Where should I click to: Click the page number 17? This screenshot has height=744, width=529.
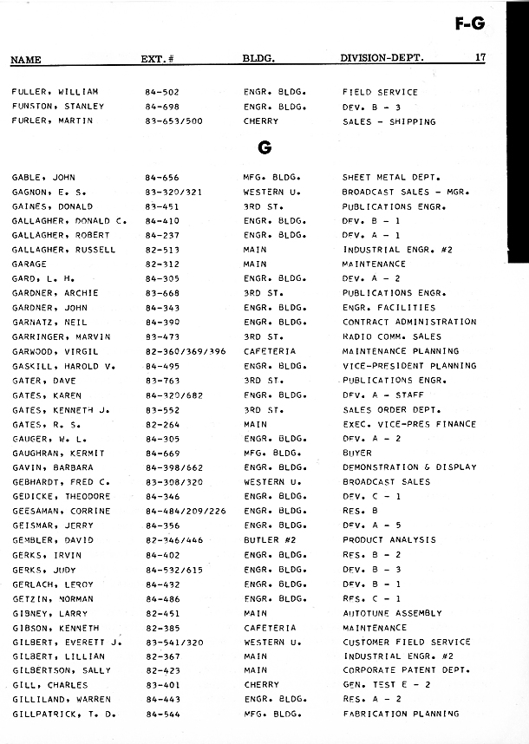point(480,59)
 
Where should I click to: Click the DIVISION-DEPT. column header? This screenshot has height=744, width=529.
point(382,59)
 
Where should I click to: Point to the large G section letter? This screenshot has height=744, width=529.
point(264,147)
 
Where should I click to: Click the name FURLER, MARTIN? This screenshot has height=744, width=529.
point(52,121)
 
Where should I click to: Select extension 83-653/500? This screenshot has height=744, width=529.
point(173,121)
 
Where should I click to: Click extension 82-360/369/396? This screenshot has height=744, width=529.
point(185,351)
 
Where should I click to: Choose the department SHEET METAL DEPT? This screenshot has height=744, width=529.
point(391,177)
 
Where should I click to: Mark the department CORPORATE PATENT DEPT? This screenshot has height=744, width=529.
point(406,670)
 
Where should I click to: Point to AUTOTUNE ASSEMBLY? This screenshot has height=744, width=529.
point(392,613)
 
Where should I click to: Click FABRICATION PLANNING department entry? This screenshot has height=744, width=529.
point(400,714)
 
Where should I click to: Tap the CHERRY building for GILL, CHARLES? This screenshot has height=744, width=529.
point(261,685)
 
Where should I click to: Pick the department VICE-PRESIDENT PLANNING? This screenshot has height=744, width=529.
point(409,366)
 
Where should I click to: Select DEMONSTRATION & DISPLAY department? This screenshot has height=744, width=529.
point(409,467)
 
